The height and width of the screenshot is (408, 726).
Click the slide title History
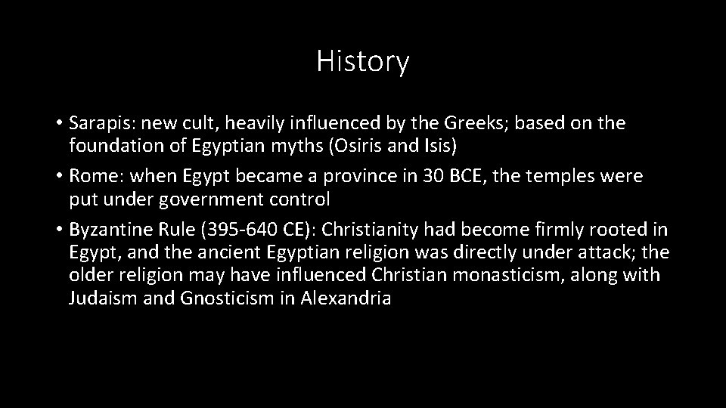tap(362, 61)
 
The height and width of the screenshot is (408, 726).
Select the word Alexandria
tap(346, 297)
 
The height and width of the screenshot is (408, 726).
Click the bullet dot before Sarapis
tap(59, 123)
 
